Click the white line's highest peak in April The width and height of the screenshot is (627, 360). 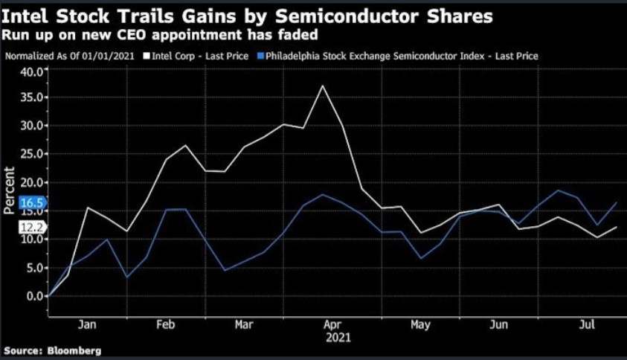pos(323,86)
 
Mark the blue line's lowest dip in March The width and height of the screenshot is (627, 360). pos(225,270)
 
